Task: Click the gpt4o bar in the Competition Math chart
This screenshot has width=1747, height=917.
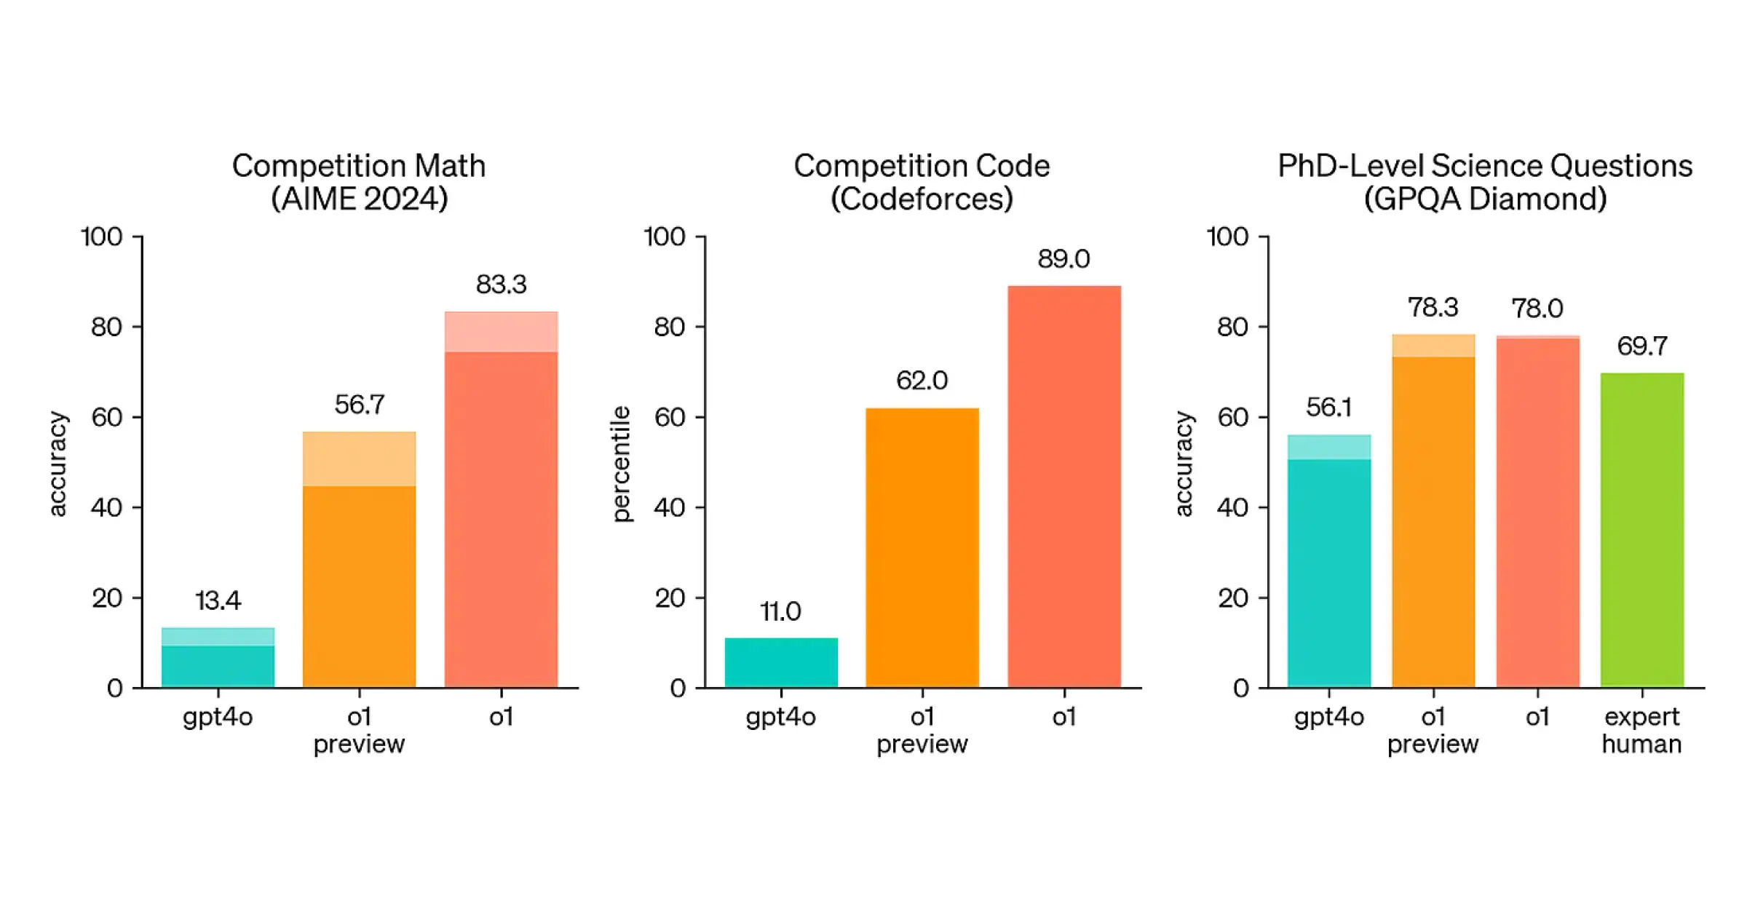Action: (218, 657)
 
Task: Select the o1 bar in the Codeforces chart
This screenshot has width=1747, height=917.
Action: (1064, 487)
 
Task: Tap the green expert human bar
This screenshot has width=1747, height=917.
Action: (1642, 531)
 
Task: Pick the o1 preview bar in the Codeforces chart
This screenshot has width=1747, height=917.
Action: (922, 548)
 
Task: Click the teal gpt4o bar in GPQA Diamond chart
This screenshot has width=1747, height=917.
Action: (1329, 561)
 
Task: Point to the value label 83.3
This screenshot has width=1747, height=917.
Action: (501, 285)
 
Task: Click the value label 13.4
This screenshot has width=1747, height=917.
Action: (218, 601)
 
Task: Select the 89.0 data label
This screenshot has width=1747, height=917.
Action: (1063, 259)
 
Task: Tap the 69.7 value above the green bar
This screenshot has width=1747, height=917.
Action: (1642, 346)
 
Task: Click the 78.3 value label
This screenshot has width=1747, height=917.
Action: (1433, 307)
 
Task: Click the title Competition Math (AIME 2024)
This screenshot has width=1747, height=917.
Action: (359, 182)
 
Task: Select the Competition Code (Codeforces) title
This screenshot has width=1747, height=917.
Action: (922, 182)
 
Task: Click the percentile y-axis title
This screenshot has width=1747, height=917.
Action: (621, 464)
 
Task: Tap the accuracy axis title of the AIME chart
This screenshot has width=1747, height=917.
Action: (58, 464)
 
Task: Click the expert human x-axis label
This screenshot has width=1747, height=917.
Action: (1642, 731)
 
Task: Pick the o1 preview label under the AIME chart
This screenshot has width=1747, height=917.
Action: (359, 731)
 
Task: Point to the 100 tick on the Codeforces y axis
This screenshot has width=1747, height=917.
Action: (665, 237)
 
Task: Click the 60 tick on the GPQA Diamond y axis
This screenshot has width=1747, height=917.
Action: (1233, 417)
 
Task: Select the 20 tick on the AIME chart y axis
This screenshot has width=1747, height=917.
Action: (107, 598)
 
